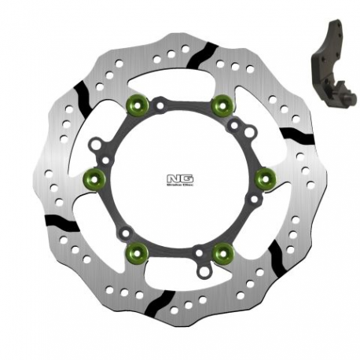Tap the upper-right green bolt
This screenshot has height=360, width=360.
[x=224, y=102]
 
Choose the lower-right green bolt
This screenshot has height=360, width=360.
[x=223, y=252]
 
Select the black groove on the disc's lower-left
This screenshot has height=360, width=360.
[x=64, y=224]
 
